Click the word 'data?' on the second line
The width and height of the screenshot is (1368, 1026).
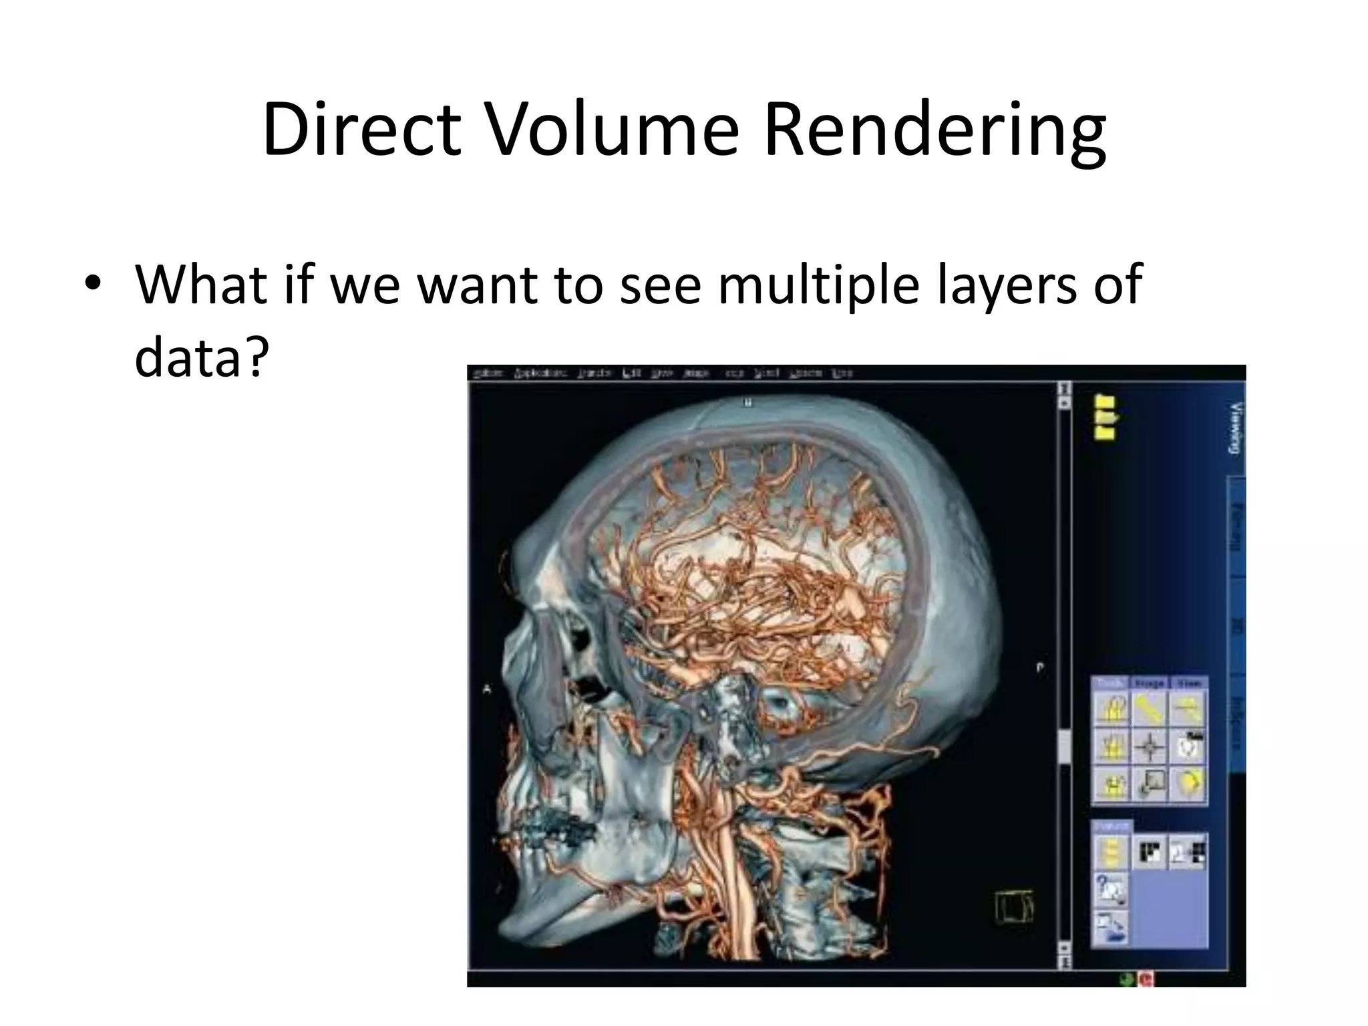click(x=201, y=357)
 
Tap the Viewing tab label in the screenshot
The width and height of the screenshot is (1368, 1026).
click(x=1235, y=428)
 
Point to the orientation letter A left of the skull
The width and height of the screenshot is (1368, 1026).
click(x=486, y=689)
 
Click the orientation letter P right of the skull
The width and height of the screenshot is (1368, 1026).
click(x=1039, y=667)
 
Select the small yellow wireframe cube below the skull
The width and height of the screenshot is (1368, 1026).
click(x=1014, y=908)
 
